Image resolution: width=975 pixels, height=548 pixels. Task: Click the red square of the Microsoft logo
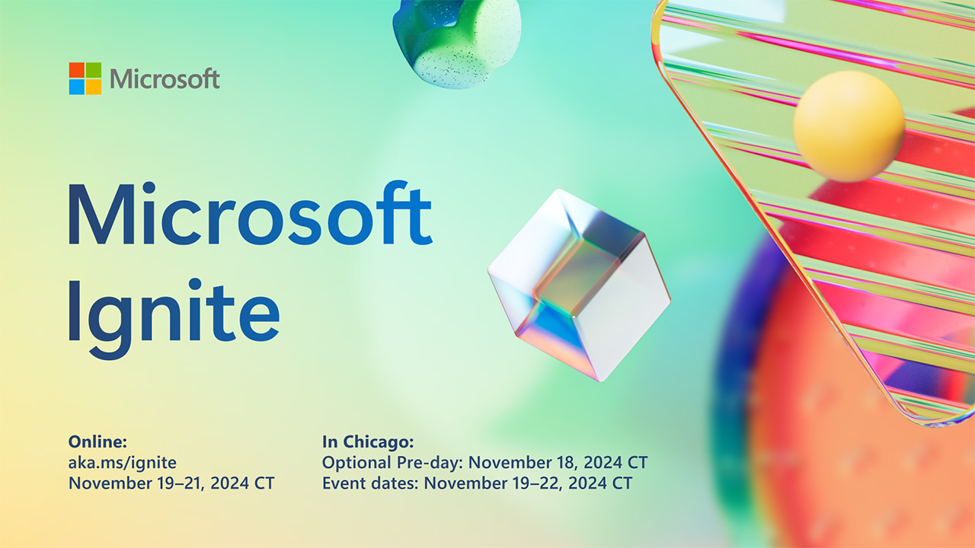coord(76,70)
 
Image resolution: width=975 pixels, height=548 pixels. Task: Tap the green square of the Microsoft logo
coord(94,70)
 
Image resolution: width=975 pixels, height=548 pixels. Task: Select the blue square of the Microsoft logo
coord(76,87)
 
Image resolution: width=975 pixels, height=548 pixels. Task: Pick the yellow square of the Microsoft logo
coord(94,87)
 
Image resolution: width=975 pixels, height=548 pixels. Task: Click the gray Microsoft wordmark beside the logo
coord(165,78)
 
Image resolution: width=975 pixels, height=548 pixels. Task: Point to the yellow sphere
coord(849,126)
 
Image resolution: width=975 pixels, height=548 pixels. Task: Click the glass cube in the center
coord(579,285)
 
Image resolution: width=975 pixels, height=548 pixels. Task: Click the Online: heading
coord(97,441)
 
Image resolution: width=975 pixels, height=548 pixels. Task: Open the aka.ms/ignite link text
coord(122,462)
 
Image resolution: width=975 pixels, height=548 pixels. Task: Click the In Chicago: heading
coord(368,441)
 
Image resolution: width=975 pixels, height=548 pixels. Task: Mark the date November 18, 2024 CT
coord(558,462)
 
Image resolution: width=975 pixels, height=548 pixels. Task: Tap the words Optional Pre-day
coord(392,462)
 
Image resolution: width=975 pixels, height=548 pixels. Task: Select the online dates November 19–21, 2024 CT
coord(171,483)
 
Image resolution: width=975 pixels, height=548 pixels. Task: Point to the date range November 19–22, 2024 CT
coord(528,483)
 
